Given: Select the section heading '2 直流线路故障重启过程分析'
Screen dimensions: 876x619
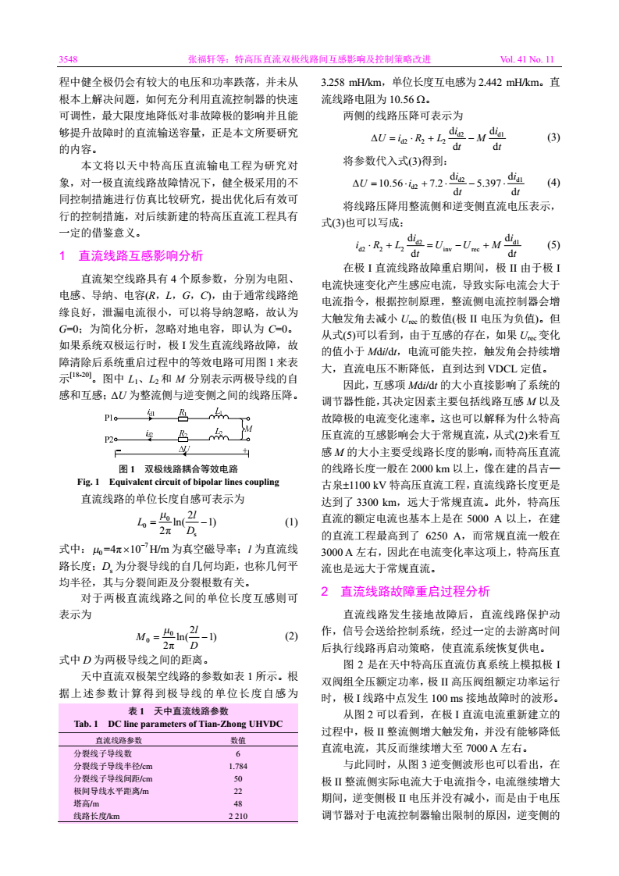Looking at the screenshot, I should (406, 591).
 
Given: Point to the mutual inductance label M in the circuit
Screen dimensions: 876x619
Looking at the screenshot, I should (248, 429).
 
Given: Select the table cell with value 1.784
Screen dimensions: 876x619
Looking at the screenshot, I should (238, 766).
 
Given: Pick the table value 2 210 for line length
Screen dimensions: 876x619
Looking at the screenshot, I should (238, 816).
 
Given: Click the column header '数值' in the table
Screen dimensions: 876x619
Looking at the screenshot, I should (238, 740).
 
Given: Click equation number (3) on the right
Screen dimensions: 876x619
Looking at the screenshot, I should (553, 136).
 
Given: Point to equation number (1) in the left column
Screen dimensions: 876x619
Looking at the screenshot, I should (291, 522).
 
